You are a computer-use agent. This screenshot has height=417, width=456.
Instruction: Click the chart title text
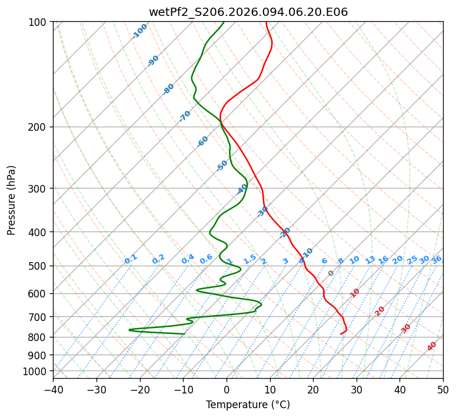click(248, 12)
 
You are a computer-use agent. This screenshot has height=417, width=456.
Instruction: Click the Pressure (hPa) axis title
click(12, 200)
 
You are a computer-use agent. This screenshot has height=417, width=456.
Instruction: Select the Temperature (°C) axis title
click(248, 405)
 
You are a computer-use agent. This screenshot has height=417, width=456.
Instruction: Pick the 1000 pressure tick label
click(35, 372)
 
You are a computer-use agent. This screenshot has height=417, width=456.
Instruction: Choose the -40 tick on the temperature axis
click(53, 390)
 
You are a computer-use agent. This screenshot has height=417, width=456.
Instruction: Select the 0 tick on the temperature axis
click(227, 390)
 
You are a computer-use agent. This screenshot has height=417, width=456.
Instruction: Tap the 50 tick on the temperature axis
click(443, 390)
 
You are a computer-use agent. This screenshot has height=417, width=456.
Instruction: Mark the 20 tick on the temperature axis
click(313, 390)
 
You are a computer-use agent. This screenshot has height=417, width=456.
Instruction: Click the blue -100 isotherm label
click(139, 31)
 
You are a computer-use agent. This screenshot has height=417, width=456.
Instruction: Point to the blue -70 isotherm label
click(185, 116)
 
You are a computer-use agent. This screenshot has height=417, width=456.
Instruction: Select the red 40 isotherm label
click(432, 346)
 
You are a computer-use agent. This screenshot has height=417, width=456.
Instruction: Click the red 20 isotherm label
click(380, 310)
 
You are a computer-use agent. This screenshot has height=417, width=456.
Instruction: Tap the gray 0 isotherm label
click(331, 273)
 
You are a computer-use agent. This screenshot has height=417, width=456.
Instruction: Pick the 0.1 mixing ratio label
click(131, 259)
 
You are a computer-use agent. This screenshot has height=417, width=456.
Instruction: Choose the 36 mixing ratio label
click(437, 259)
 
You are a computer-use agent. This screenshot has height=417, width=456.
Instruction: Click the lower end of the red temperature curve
click(341, 334)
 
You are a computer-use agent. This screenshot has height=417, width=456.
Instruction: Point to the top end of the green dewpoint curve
click(224, 22)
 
